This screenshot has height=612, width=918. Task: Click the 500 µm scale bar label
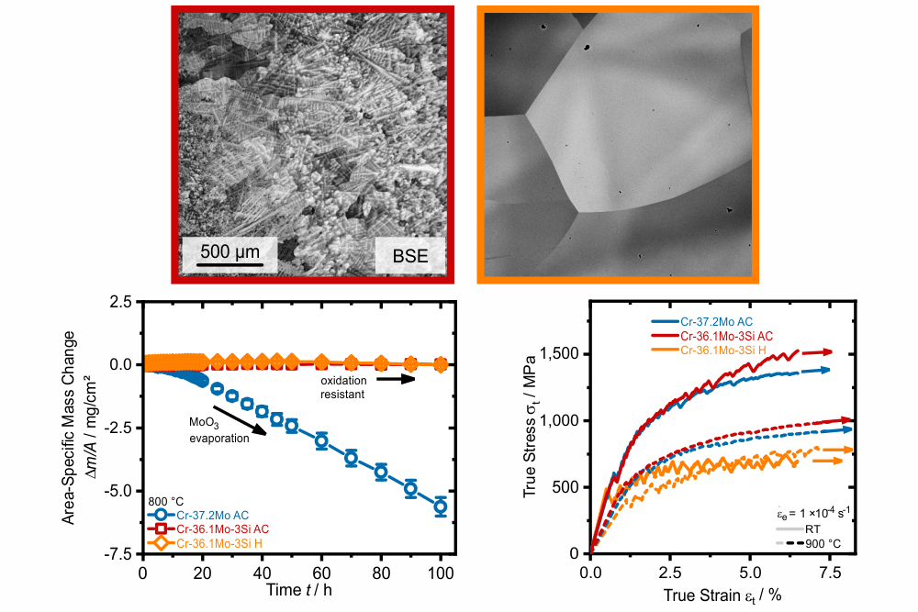click(229, 251)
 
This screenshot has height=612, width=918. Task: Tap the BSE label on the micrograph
click(409, 256)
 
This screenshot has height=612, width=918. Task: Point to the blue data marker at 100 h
click(441, 506)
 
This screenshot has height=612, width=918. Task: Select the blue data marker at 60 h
click(320, 440)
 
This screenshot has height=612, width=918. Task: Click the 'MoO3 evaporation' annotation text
click(219, 430)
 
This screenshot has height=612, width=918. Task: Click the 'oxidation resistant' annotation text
click(343, 387)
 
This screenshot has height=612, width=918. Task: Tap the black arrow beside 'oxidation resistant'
click(396, 379)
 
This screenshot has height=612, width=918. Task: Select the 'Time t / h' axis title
click(299, 590)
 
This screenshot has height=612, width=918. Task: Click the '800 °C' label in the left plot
click(165, 501)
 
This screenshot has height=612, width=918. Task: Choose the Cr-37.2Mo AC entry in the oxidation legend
click(198, 516)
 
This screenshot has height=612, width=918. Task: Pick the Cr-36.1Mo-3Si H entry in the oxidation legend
click(205, 543)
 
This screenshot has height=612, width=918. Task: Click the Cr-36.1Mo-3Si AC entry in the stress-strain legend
click(712, 336)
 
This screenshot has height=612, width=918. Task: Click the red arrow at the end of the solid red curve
click(817, 352)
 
